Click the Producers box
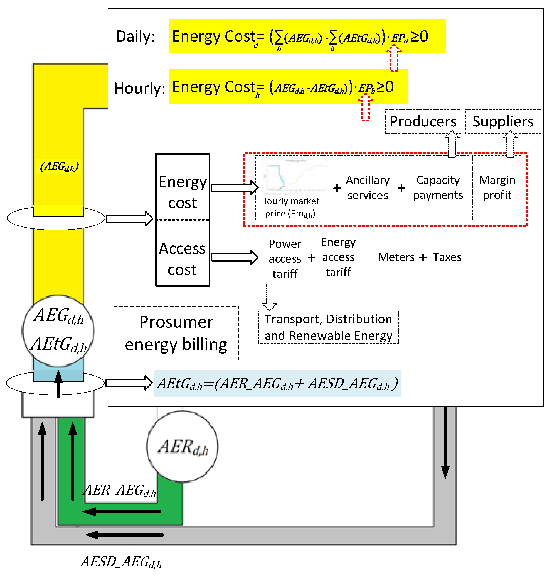tap(423, 121)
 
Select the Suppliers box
tap(502, 121)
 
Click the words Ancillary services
tap(368, 188)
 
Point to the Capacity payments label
tap(438, 187)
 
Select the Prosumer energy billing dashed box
tap(176, 333)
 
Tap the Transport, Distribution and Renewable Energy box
tap(328, 327)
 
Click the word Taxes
tap(447, 257)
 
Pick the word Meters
tap(396, 257)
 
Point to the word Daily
tap(135, 36)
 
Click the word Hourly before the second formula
tap(139, 88)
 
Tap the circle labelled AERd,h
tap(182, 446)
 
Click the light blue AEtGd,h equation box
tap(277, 383)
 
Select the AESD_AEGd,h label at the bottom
tap(121, 562)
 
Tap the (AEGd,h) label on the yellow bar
tap(59, 166)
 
